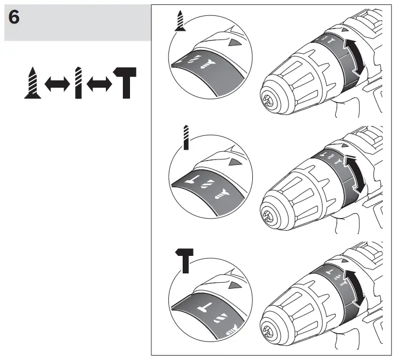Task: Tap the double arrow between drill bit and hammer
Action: (101, 84)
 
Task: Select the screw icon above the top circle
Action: (179, 21)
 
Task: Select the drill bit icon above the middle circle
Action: (187, 137)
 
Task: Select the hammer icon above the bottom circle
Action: (186, 259)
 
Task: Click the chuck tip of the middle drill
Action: (267, 216)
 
